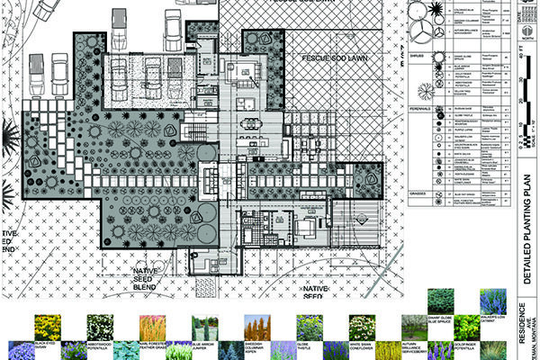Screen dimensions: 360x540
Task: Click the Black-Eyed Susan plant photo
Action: coord(47,325)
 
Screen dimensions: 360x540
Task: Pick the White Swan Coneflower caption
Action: coord(358,345)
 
